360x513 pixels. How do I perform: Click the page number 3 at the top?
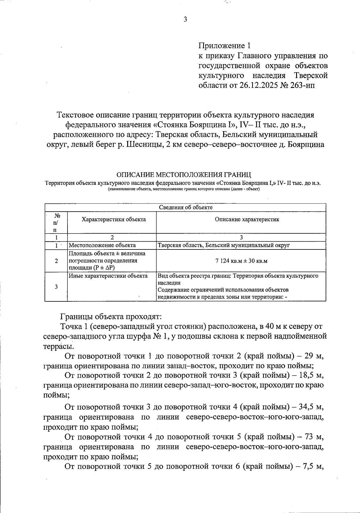point(185,20)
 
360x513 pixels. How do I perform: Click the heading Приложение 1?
point(224,46)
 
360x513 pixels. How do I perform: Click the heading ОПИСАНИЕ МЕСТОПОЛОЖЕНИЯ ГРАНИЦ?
point(184,174)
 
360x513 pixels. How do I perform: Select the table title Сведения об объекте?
point(185,207)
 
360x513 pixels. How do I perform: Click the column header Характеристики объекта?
point(114,219)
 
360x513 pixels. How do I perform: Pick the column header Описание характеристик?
point(247,219)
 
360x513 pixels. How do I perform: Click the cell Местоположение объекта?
point(102,245)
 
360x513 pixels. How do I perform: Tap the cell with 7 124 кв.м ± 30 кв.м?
point(241,261)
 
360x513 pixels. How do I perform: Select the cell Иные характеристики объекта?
point(108,276)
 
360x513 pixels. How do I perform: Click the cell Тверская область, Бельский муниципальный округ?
point(223,245)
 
